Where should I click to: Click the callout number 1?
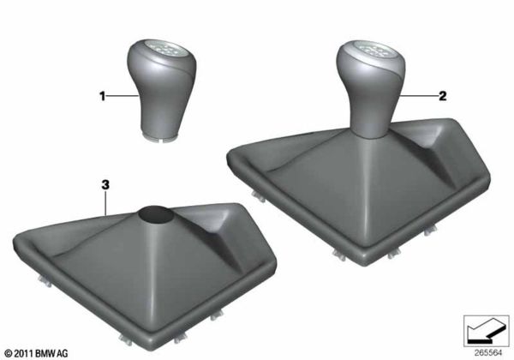click(x=105, y=98)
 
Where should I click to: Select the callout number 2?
click(x=443, y=98)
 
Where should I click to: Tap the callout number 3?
click(x=105, y=183)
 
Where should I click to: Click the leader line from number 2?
click(x=420, y=98)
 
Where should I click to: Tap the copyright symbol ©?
click(x=8, y=352)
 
